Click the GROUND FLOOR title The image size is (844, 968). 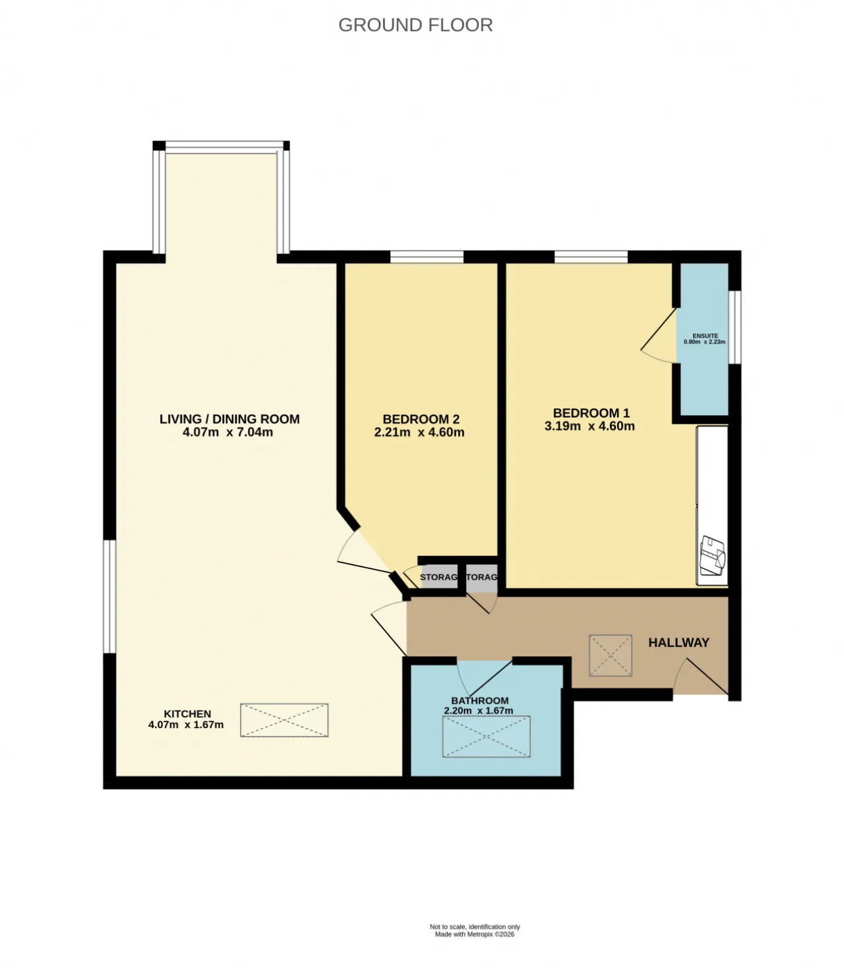415,25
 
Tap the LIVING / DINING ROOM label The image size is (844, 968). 229,419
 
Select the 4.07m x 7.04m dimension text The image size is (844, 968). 227,433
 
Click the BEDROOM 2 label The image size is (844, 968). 421,419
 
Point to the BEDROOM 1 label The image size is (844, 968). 591,413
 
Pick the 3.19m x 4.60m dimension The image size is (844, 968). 589,427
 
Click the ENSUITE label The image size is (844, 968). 705,336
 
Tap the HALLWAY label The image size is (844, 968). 678,642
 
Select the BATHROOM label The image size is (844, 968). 479,701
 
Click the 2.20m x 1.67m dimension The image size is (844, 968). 478,711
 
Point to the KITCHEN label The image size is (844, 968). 187,714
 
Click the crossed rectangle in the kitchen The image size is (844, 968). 284,720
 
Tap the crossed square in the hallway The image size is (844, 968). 610,655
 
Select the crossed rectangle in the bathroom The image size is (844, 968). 486,737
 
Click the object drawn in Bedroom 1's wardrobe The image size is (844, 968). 712,555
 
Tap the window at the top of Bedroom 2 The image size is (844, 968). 426,257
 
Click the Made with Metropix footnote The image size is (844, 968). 474,934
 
